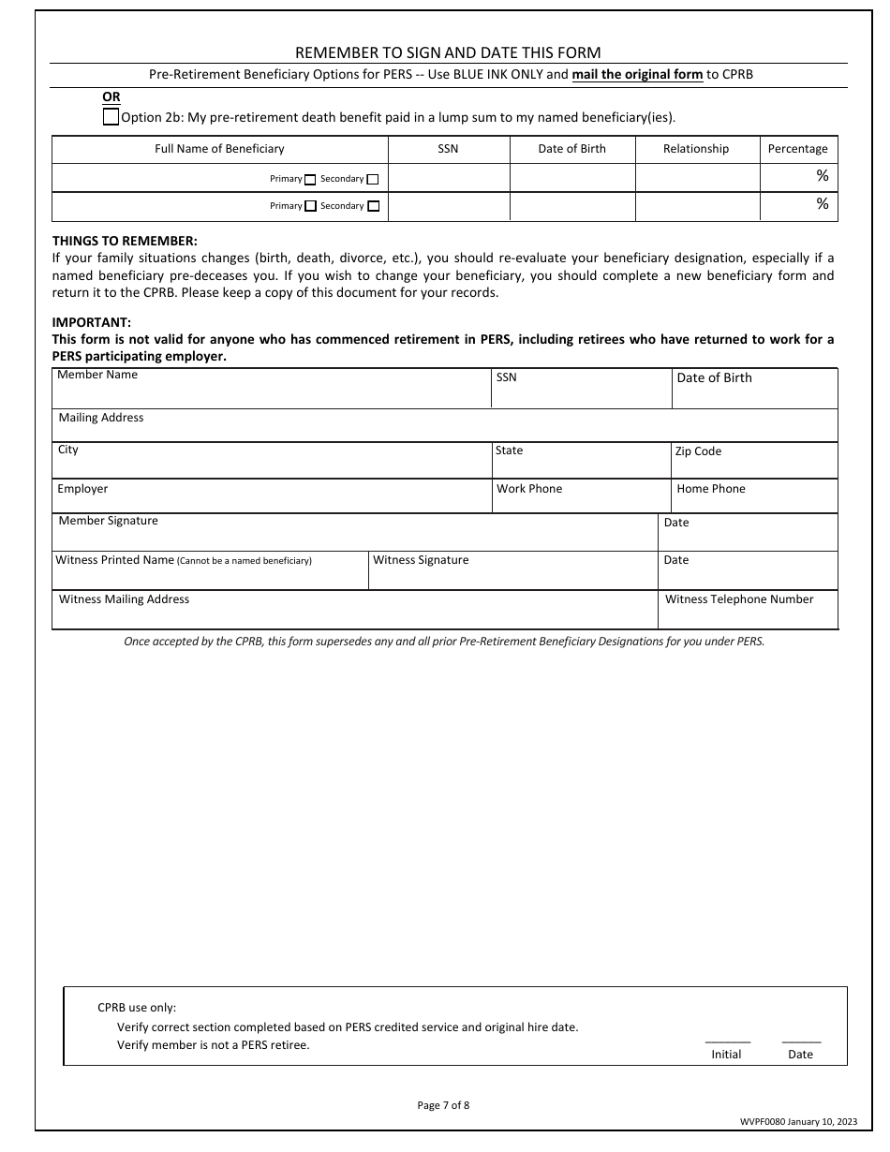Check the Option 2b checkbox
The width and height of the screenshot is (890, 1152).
click(x=111, y=117)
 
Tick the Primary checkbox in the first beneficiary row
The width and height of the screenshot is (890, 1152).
click(x=310, y=180)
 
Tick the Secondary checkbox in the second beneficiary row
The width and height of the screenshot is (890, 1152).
click(x=374, y=206)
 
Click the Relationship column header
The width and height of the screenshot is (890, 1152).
click(x=696, y=149)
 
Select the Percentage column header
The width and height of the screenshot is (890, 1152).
click(x=797, y=149)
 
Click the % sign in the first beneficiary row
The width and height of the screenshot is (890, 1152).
click(x=822, y=176)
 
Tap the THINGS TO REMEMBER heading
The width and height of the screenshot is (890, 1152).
click(x=125, y=241)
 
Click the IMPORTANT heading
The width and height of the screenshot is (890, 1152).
click(x=91, y=323)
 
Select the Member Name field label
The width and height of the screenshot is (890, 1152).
click(x=97, y=375)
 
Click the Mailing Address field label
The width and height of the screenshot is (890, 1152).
click(x=101, y=418)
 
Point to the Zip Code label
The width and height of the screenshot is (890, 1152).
click(x=698, y=451)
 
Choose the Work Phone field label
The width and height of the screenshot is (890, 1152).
click(x=529, y=489)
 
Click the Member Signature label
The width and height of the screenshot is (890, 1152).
click(x=109, y=521)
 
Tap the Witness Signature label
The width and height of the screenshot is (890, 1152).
click(x=421, y=560)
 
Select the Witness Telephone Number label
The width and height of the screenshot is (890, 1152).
click(x=739, y=599)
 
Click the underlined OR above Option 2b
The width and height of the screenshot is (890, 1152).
click(x=111, y=97)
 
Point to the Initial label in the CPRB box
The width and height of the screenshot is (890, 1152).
click(x=726, y=1055)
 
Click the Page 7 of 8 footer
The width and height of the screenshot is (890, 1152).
click(x=443, y=1105)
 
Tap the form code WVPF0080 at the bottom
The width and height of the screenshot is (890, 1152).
click(x=762, y=1122)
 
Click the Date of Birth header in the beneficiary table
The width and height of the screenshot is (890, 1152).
click(x=571, y=149)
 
